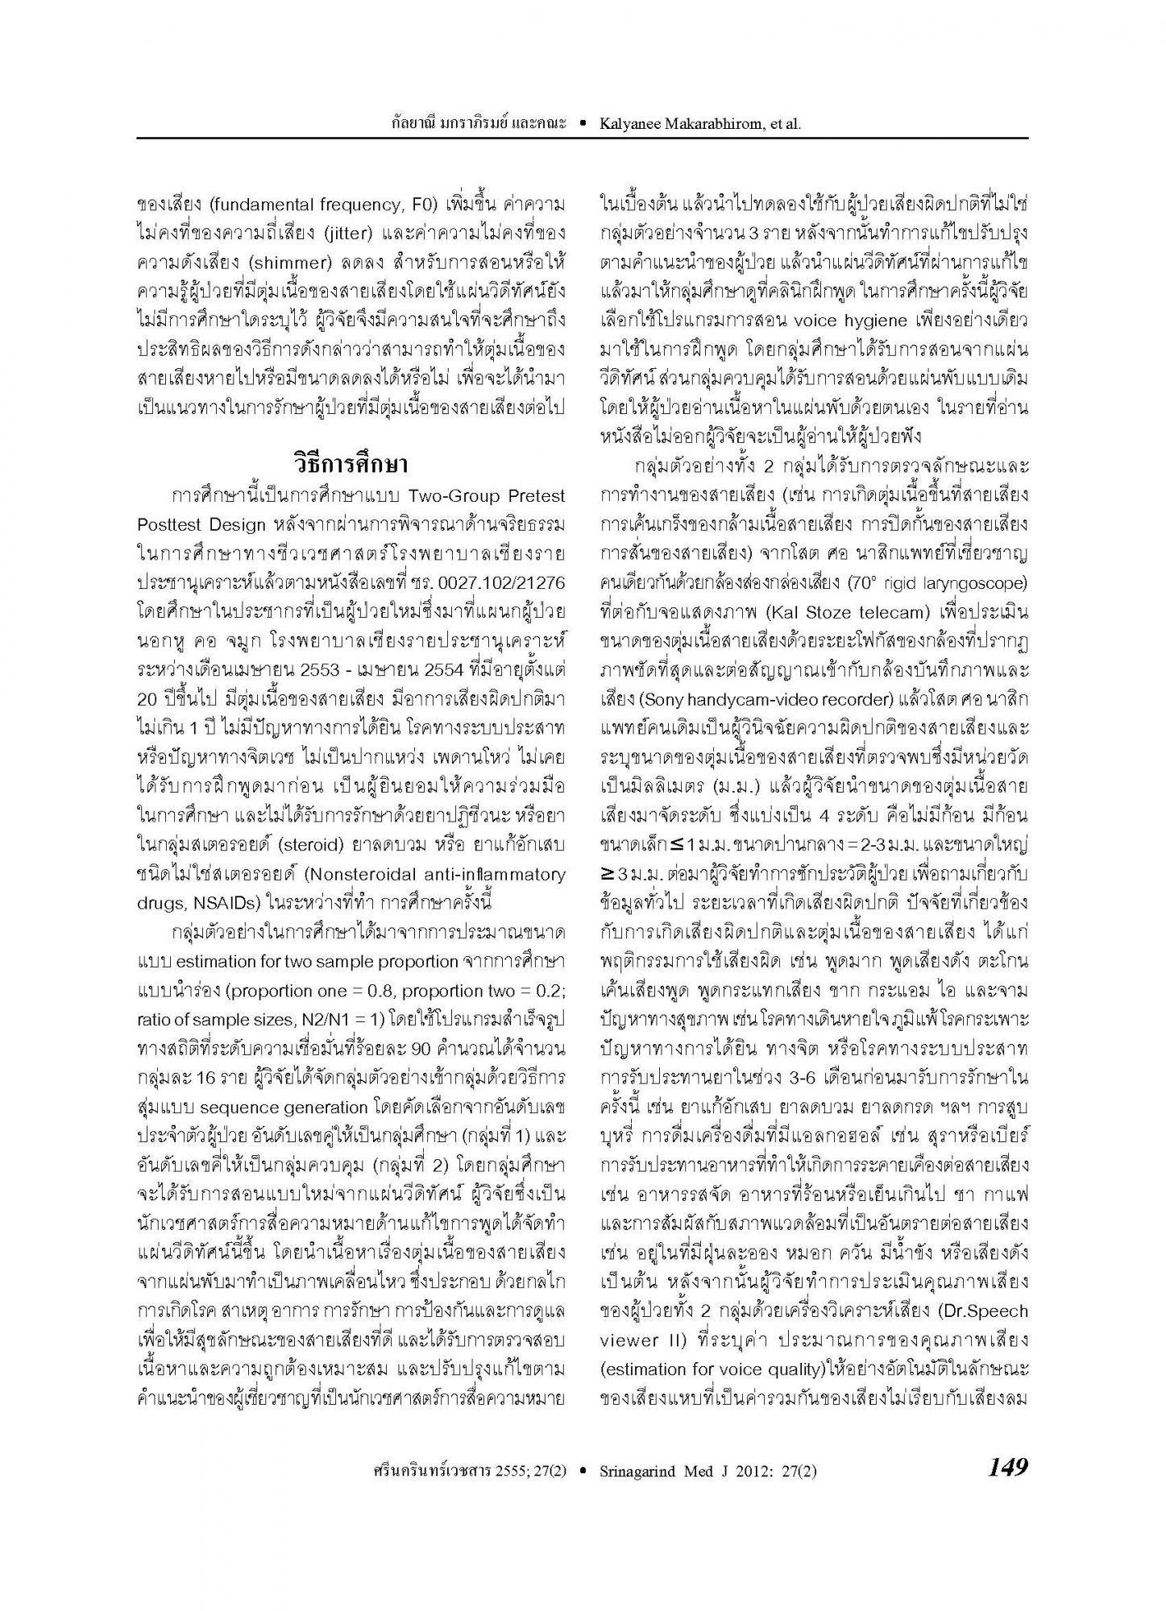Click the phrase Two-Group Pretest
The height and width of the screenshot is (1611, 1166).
tap(487, 495)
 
